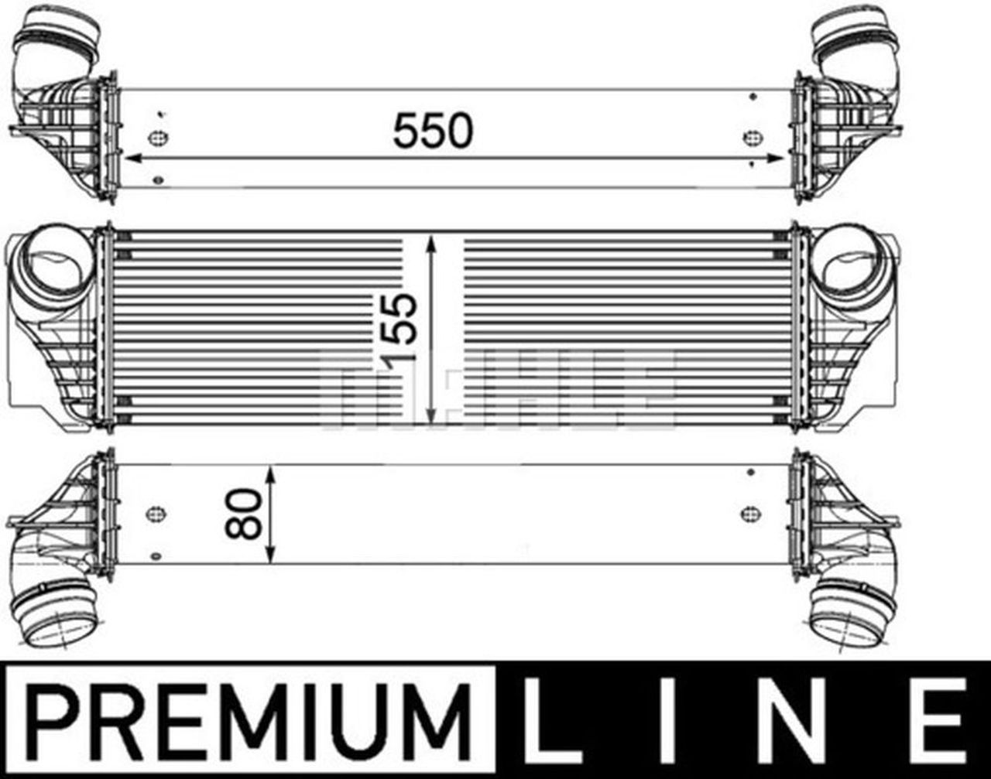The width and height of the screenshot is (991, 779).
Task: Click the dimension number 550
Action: (432, 131)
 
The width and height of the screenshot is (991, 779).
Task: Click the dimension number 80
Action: (243, 514)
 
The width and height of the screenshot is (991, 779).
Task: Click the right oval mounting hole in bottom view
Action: (749, 514)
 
